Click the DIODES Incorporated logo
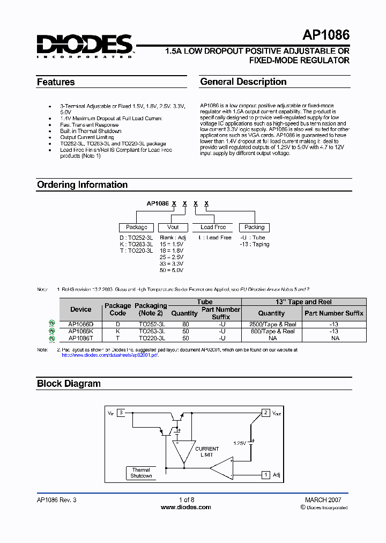point(84,46)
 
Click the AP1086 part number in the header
point(325,35)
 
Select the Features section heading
point(56,82)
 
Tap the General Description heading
point(243,82)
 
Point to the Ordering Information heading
point(82,185)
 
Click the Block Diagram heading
point(69,384)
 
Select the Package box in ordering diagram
point(137,227)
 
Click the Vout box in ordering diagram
point(173,227)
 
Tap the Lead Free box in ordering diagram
point(213,227)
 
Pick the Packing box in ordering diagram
point(254,227)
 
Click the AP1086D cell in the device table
point(81,325)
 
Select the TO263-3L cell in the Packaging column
point(152,332)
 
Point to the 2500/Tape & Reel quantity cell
point(271,325)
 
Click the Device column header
point(81,310)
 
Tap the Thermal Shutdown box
point(142,473)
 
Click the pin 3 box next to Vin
point(122,413)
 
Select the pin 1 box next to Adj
point(265,475)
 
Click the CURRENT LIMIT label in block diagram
point(207,452)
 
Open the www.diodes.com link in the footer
point(185,507)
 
